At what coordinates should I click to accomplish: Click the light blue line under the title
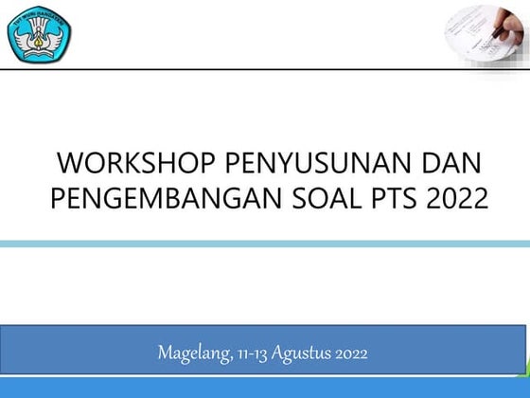[x=265, y=244]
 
